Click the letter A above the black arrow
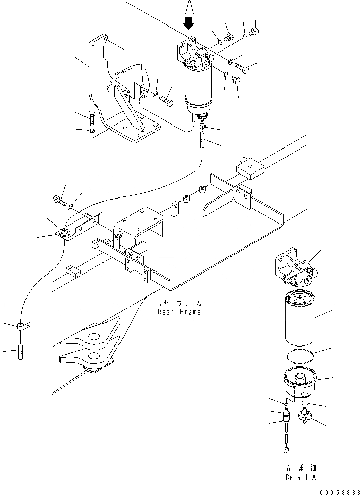coord(190,7)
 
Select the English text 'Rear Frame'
coord(179,312)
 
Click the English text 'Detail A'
coord(300,478)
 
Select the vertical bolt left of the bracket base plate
coord(92,118)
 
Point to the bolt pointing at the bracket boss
coord(166,99)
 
